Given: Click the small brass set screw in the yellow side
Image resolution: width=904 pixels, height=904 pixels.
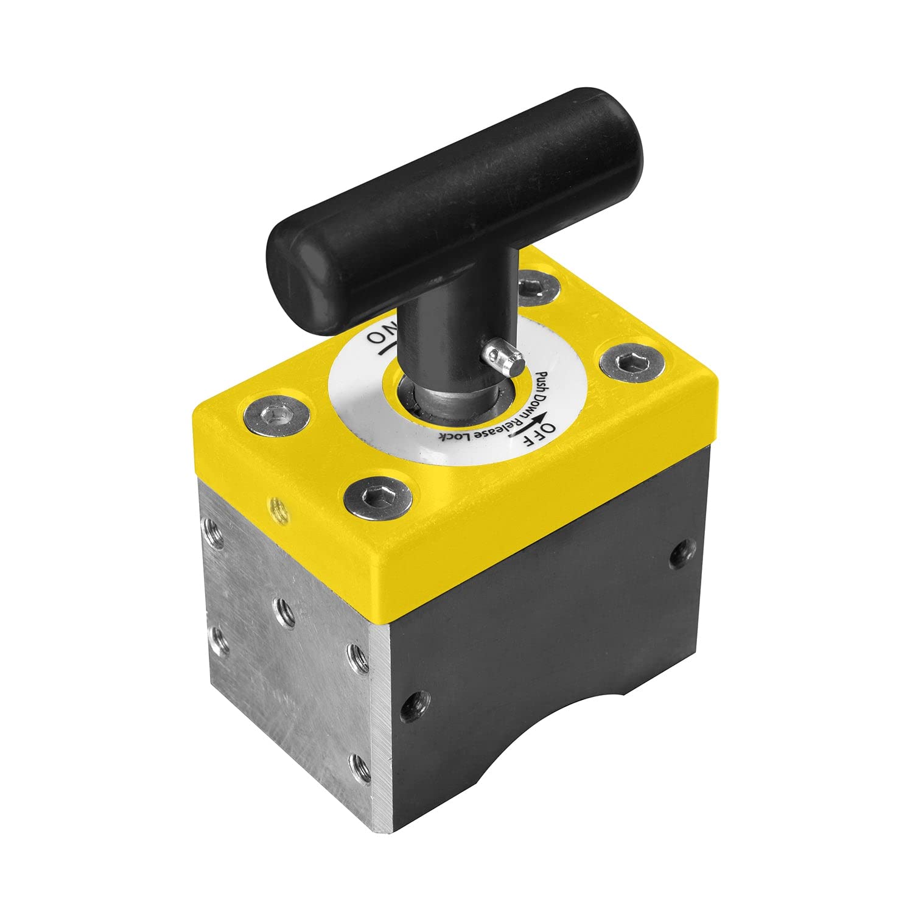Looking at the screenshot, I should pos(277,506).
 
